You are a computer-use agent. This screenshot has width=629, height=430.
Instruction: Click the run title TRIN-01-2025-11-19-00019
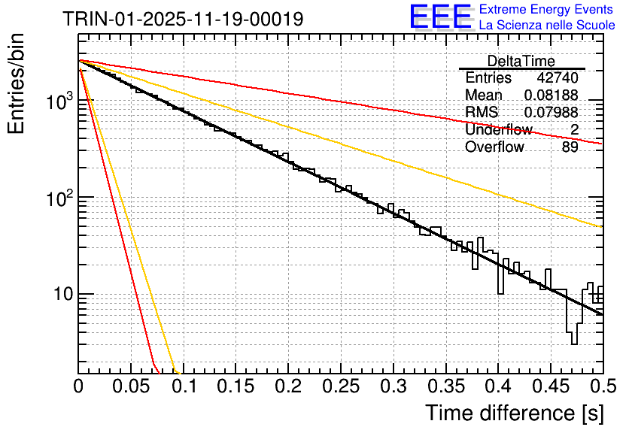tap(184, 19)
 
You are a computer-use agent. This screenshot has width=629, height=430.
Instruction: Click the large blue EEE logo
tap(440, 18)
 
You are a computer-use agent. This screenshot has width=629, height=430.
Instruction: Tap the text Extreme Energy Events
tap(547, 10)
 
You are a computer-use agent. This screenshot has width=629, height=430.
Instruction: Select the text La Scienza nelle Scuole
tap(547, 25)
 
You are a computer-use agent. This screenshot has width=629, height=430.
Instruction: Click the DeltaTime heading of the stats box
tap(521, 61)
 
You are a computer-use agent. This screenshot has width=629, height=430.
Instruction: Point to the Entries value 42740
tap(558, 78)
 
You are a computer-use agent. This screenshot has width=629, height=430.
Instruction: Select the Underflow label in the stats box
tap(498, 130)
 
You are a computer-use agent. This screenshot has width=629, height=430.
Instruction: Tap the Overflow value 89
tap(570, 147)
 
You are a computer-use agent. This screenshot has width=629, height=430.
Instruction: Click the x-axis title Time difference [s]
tap(513, 413)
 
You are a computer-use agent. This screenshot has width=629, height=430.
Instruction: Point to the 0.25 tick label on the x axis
tap(341, 387)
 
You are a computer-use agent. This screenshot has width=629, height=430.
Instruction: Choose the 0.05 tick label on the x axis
tap(131, 387)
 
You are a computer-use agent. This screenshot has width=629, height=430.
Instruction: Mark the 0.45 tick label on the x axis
tap(551, 387)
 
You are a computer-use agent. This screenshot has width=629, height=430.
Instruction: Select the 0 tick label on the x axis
tap(78, 387)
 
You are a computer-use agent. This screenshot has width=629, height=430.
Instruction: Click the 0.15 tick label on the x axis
tap(235, 387)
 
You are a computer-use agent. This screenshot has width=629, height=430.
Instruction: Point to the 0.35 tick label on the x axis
tap(445, 387)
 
